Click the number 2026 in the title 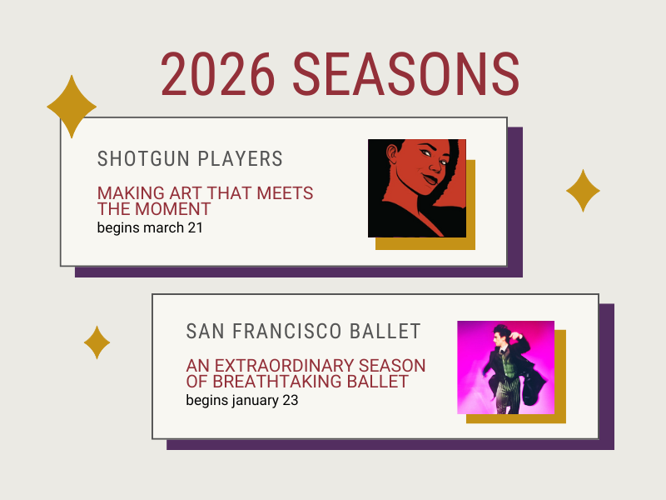pyautogui.click(x=218, y=75)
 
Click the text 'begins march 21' pyautogui.click(x=150, y=227)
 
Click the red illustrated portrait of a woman pyautogui.click(x=417, y=188)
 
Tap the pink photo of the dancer pyautogui.click(x=505, y=367)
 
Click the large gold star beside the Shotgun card pyautogui.click(x=72, y=106)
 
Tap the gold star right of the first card pyautogui.click(x=583, y=191)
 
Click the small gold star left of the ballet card pyautogui.click(x=97, y=342)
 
